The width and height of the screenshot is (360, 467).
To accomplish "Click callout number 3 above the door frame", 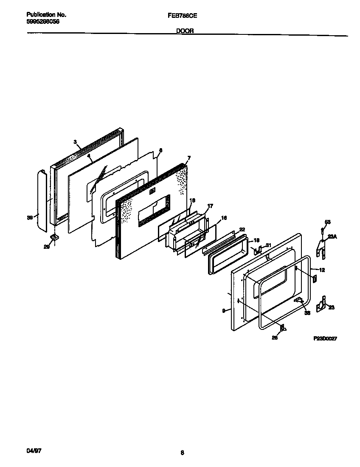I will tap(75, 142).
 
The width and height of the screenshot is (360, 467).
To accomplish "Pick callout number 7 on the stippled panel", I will tap(189, 158).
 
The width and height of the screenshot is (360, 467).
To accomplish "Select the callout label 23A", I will tap(332, 238).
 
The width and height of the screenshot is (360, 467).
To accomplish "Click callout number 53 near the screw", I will tap(327, 222).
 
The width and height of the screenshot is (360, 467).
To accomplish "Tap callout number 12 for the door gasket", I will tap(322, 270).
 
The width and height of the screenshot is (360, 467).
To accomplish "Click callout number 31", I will tap(268, 245).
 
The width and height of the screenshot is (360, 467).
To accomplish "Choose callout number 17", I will tap(209, 206).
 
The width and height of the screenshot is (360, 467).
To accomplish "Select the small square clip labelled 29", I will tap(54, 236).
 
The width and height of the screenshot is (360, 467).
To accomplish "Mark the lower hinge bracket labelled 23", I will tap(322, 303).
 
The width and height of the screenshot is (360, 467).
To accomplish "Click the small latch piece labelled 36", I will tap(299, 301).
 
